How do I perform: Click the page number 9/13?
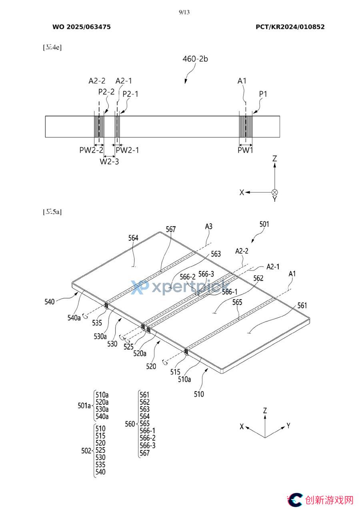184,12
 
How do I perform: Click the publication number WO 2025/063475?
82,27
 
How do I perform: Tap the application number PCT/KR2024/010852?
290,27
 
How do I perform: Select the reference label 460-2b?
195,59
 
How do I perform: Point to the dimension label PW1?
245,150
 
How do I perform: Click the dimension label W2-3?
109,162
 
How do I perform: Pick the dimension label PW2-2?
91,150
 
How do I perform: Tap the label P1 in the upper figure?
263,94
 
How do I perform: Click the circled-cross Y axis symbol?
275,193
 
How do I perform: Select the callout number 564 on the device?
133,238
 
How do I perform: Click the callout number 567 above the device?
171,229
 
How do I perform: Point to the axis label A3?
209,226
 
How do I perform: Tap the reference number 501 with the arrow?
264,224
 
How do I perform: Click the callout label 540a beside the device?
74,317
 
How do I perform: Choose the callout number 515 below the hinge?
175,372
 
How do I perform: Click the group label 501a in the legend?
84,406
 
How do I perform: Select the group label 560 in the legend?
130,424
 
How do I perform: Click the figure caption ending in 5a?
52,212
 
